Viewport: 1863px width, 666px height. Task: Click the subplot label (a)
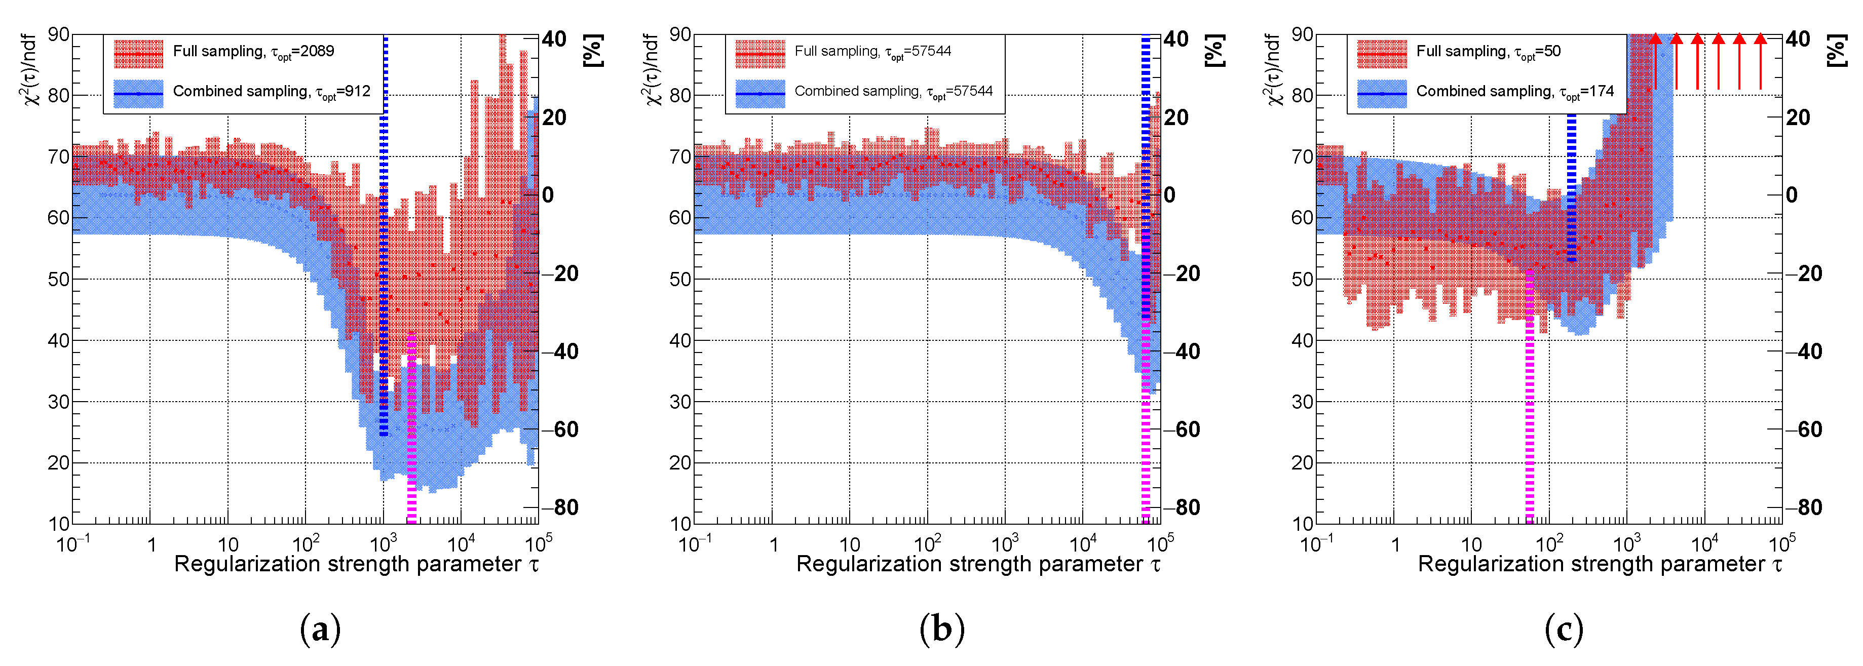pos(320,629)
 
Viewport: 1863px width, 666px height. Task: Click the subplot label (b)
pos(941,629)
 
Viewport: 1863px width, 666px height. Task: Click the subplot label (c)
pos(1564,629)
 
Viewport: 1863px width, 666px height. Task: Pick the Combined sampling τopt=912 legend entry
pos(271,92)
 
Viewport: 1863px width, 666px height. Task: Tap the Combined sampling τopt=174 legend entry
pos(1514,92)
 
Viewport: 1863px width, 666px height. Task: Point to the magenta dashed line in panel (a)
pos(411,434)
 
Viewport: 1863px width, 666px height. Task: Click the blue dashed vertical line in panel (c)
pos(1571,188)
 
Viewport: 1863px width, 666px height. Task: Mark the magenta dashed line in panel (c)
pos(1530,405)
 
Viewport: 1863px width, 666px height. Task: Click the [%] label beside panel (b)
pos(1215,51)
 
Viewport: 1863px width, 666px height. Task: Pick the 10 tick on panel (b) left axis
pos(680,524)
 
